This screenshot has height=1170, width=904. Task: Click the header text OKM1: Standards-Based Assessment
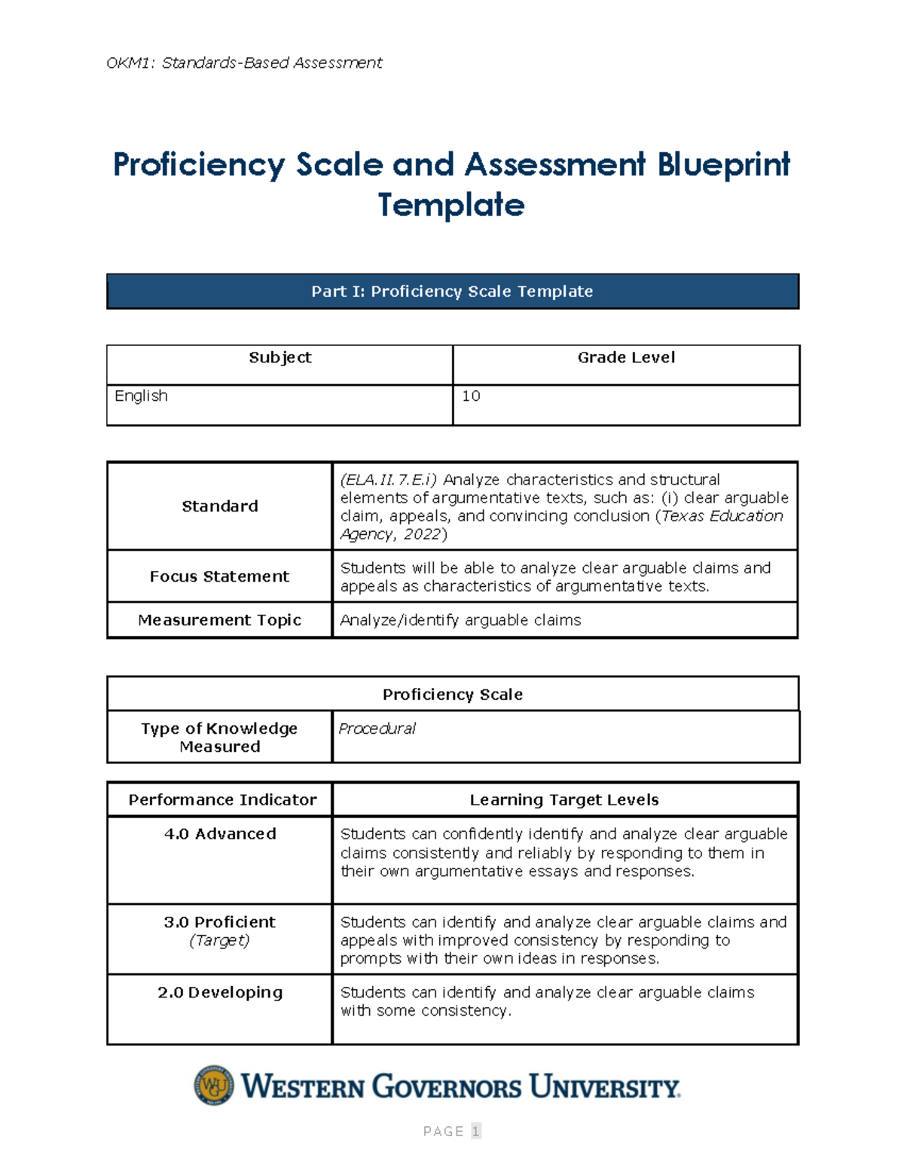(244, 63)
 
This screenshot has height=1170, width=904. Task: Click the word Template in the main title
(451, 205)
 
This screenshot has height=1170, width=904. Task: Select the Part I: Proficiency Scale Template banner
(452, 292)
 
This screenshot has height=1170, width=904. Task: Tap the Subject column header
(279, 358)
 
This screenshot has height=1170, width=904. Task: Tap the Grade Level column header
(626, 358)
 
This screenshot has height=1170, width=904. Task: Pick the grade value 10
(471, 396)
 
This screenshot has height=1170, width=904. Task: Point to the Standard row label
(219, 506)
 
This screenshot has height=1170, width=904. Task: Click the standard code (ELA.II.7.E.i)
(388, 480)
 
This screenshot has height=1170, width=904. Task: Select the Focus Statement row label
(219, 576)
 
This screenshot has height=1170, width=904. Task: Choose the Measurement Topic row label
(219, 620)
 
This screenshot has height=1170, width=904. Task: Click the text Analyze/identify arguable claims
(460, 620)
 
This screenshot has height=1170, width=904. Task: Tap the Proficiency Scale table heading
(452, 695)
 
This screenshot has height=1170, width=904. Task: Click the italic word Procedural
(377, 729)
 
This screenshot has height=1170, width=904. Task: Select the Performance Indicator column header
(222, 800)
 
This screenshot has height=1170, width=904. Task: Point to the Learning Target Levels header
(564, 800)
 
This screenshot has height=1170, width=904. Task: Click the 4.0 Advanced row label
(220, 834)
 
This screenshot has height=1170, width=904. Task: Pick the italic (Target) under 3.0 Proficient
(219, 940)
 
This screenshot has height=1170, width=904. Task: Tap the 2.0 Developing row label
(220, 992)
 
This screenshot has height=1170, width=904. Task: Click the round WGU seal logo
(214, 1086)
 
